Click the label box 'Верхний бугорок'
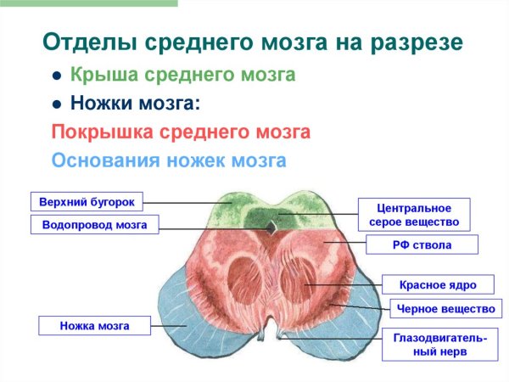tap(87, 202)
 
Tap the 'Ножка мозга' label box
tap(94, 324)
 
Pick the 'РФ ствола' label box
tap(422, 246)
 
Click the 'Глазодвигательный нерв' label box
tap(439, 344)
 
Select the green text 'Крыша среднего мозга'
tap(182, 76)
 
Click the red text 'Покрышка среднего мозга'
tap(181, 132)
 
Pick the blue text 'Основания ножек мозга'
tap(169, 160)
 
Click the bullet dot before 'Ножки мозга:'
tap(56, 104)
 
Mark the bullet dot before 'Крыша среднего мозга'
tap(56, 76)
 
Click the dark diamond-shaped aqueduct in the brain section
tap(271, 227)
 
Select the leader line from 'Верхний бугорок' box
tap(187, 203)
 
